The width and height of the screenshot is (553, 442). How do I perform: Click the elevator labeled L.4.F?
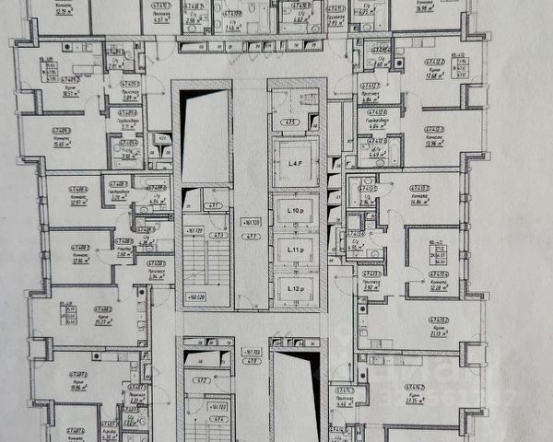click(x=295, y=163)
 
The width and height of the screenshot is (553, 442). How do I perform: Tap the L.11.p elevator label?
click(x=295, y=250)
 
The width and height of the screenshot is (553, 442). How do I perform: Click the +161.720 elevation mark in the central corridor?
click(x=250, y=223)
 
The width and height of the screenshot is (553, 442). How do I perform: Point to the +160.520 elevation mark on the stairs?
click(x=194, y=297)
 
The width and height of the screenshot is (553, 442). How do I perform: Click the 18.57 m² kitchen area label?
click(x=70, y=94)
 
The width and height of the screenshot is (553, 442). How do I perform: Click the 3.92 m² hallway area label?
click(x=372, y=287)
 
